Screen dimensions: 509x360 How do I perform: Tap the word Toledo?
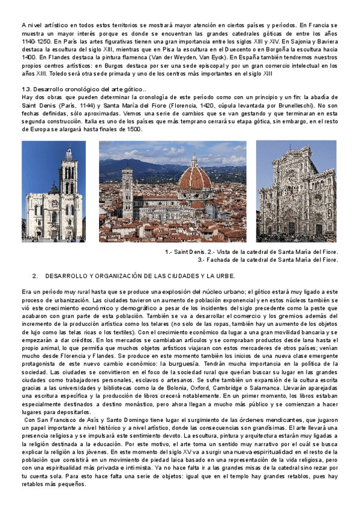(x=43, y=74)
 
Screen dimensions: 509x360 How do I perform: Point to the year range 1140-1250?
(x=35, y=43)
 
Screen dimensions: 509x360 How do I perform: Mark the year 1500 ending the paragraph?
(x=133, y=128)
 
